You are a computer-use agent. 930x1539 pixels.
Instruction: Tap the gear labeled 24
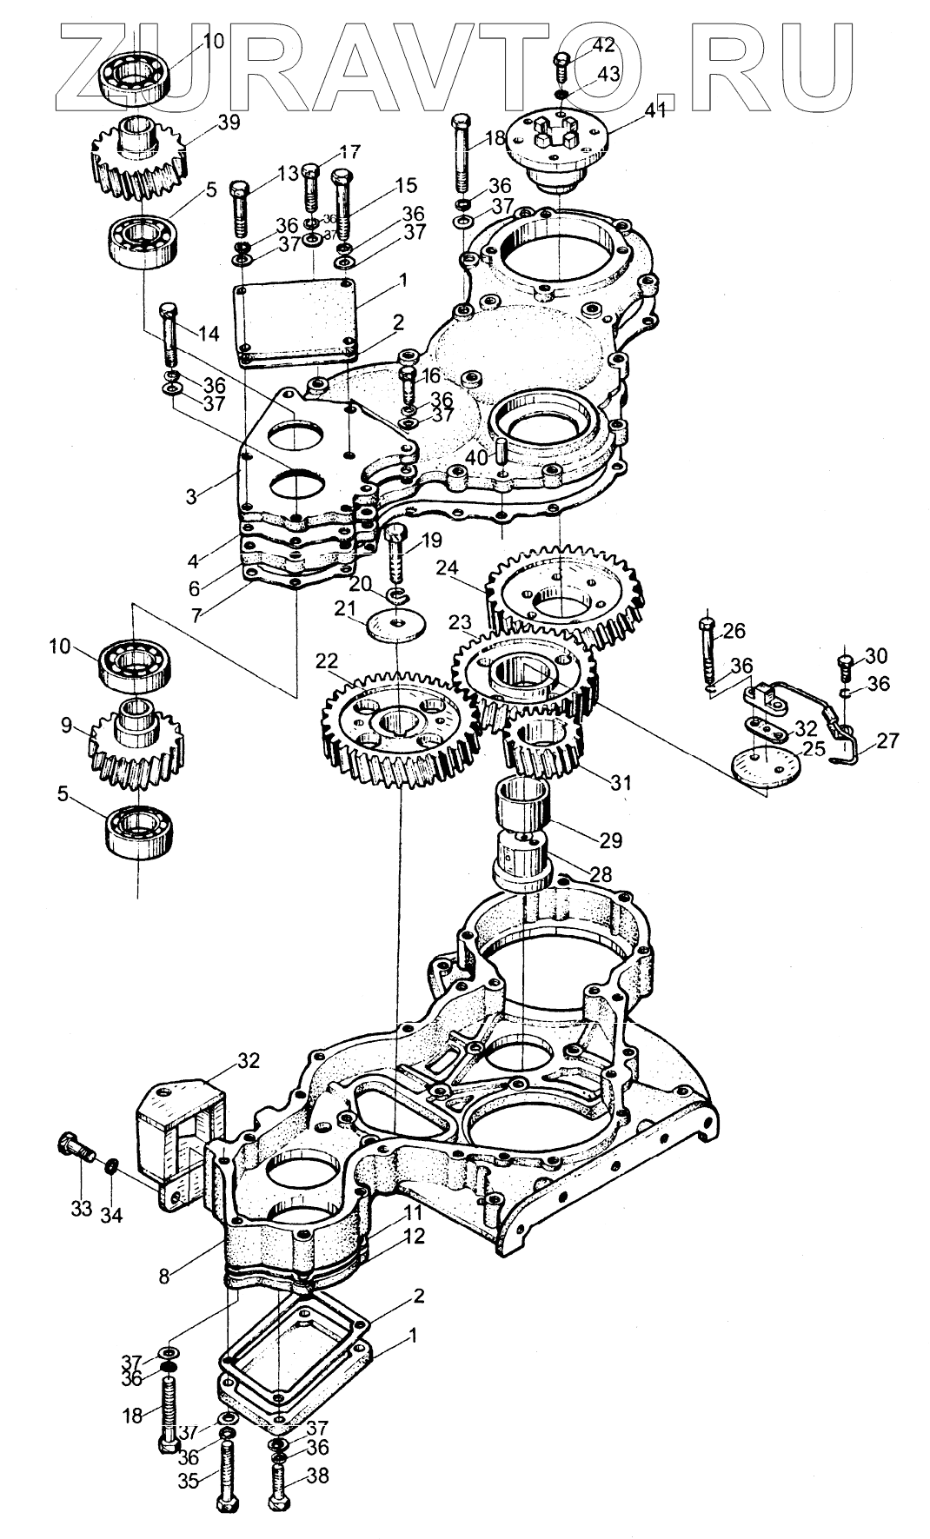565,591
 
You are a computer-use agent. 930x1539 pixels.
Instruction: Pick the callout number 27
887,740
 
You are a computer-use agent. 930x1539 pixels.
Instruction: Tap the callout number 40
475,456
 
